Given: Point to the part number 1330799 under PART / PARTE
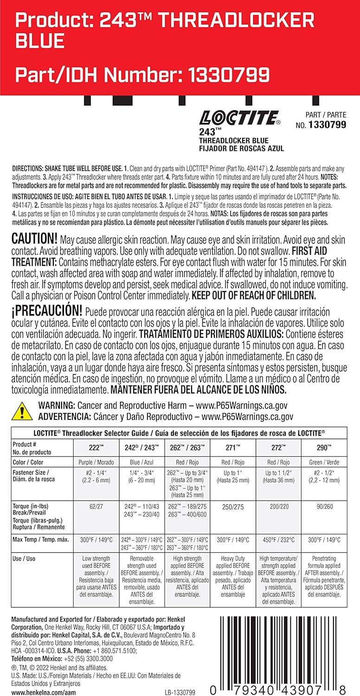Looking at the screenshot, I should click(327, 125).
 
